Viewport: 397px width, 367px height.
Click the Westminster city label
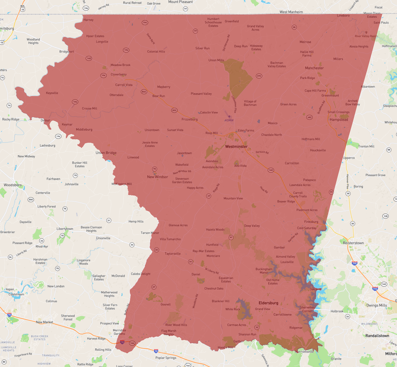236,146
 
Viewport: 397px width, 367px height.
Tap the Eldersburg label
268,303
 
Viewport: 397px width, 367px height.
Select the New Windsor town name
157,177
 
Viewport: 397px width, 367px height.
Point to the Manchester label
314,68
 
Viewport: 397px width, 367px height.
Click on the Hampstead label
339,120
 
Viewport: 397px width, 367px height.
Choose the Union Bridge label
106,153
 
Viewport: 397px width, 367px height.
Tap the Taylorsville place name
173,254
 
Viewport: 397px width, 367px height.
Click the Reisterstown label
353,243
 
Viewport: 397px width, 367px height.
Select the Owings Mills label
377,305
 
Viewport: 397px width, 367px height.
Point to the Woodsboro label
13,185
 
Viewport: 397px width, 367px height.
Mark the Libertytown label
65,229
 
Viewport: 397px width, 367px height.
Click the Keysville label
52,93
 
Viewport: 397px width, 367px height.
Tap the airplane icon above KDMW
229,116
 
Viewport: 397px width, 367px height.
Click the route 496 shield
259,76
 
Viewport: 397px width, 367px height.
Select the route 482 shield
309,117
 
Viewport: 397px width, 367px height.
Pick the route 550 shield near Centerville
31,200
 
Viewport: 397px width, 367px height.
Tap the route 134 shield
86,8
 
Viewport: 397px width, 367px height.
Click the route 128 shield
385,216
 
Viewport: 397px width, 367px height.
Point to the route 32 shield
257,327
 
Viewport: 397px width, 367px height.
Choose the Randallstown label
377,336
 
